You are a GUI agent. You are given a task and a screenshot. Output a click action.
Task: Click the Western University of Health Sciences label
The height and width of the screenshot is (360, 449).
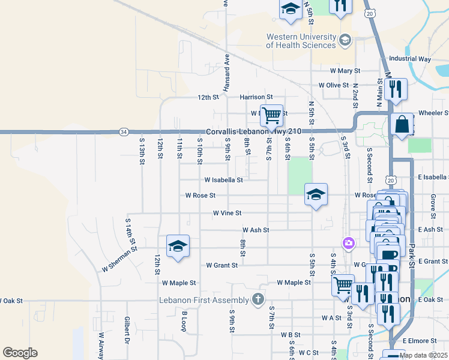click(301, 41)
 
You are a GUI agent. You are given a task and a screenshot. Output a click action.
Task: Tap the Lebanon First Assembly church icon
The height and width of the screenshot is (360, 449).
click(258, 298)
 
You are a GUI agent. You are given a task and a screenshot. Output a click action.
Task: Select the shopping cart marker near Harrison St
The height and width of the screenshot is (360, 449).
click(271, 115)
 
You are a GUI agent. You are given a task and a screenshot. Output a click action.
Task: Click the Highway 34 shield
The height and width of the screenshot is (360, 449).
click(123, 131)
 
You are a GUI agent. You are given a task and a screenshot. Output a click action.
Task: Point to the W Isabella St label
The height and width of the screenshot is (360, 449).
click(223, 179)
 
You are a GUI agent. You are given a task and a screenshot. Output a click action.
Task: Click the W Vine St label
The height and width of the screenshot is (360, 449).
click(227, 213)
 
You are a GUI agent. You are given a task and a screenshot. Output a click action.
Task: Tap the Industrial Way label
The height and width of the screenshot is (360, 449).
click(410, 59)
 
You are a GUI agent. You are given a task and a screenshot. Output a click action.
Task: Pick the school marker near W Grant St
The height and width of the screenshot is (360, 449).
click(178, 246)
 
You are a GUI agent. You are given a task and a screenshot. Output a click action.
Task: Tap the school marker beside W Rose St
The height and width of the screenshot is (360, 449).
click(316, 194)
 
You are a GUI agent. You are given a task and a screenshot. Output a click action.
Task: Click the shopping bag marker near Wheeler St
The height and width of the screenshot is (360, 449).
click(402, 124)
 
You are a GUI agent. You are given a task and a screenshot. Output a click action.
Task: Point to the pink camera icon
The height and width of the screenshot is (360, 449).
click(348, 243)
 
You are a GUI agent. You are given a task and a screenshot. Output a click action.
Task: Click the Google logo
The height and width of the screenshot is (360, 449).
click(20, 353)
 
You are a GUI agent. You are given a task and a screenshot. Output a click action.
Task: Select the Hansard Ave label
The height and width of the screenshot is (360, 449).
click(227, 73)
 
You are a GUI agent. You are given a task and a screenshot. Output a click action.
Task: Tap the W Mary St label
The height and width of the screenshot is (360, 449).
click(335, 71)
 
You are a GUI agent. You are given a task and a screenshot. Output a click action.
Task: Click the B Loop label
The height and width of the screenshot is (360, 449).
click(185, 320)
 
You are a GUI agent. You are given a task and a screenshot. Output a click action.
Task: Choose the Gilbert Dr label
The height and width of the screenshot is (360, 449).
click(127, 326)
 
